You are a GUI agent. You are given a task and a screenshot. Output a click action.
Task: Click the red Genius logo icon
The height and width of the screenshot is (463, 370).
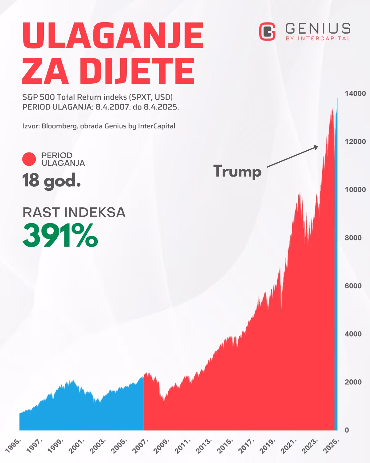click(267, 31)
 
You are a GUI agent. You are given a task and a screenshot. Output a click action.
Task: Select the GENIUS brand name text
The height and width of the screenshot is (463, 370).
click(318, 29)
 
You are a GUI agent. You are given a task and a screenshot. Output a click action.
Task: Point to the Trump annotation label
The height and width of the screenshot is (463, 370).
click(237, 171)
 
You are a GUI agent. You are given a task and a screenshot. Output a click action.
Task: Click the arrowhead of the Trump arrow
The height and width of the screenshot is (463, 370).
click(316, 147)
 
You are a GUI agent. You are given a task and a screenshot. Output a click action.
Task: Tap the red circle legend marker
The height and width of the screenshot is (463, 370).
click(29, 159)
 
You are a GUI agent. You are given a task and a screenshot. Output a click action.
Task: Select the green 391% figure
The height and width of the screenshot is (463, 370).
click(60, 236)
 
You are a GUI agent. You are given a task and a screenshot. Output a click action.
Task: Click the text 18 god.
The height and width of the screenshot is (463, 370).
click(51, 180)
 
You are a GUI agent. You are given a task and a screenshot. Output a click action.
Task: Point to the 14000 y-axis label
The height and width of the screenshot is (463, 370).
click(355, 94)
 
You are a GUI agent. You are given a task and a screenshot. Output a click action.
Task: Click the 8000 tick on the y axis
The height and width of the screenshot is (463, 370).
click(353, 238)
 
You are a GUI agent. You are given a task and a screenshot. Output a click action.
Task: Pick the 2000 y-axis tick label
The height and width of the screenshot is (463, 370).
click(353, 382)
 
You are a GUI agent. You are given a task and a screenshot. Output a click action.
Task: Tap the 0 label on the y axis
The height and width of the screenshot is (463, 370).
click(347, 430)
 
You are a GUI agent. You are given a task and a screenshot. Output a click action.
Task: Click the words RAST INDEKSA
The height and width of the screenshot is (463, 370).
click(74, 212)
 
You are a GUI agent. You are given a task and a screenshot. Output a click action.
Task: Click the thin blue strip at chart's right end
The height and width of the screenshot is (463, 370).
click(336, 278)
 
